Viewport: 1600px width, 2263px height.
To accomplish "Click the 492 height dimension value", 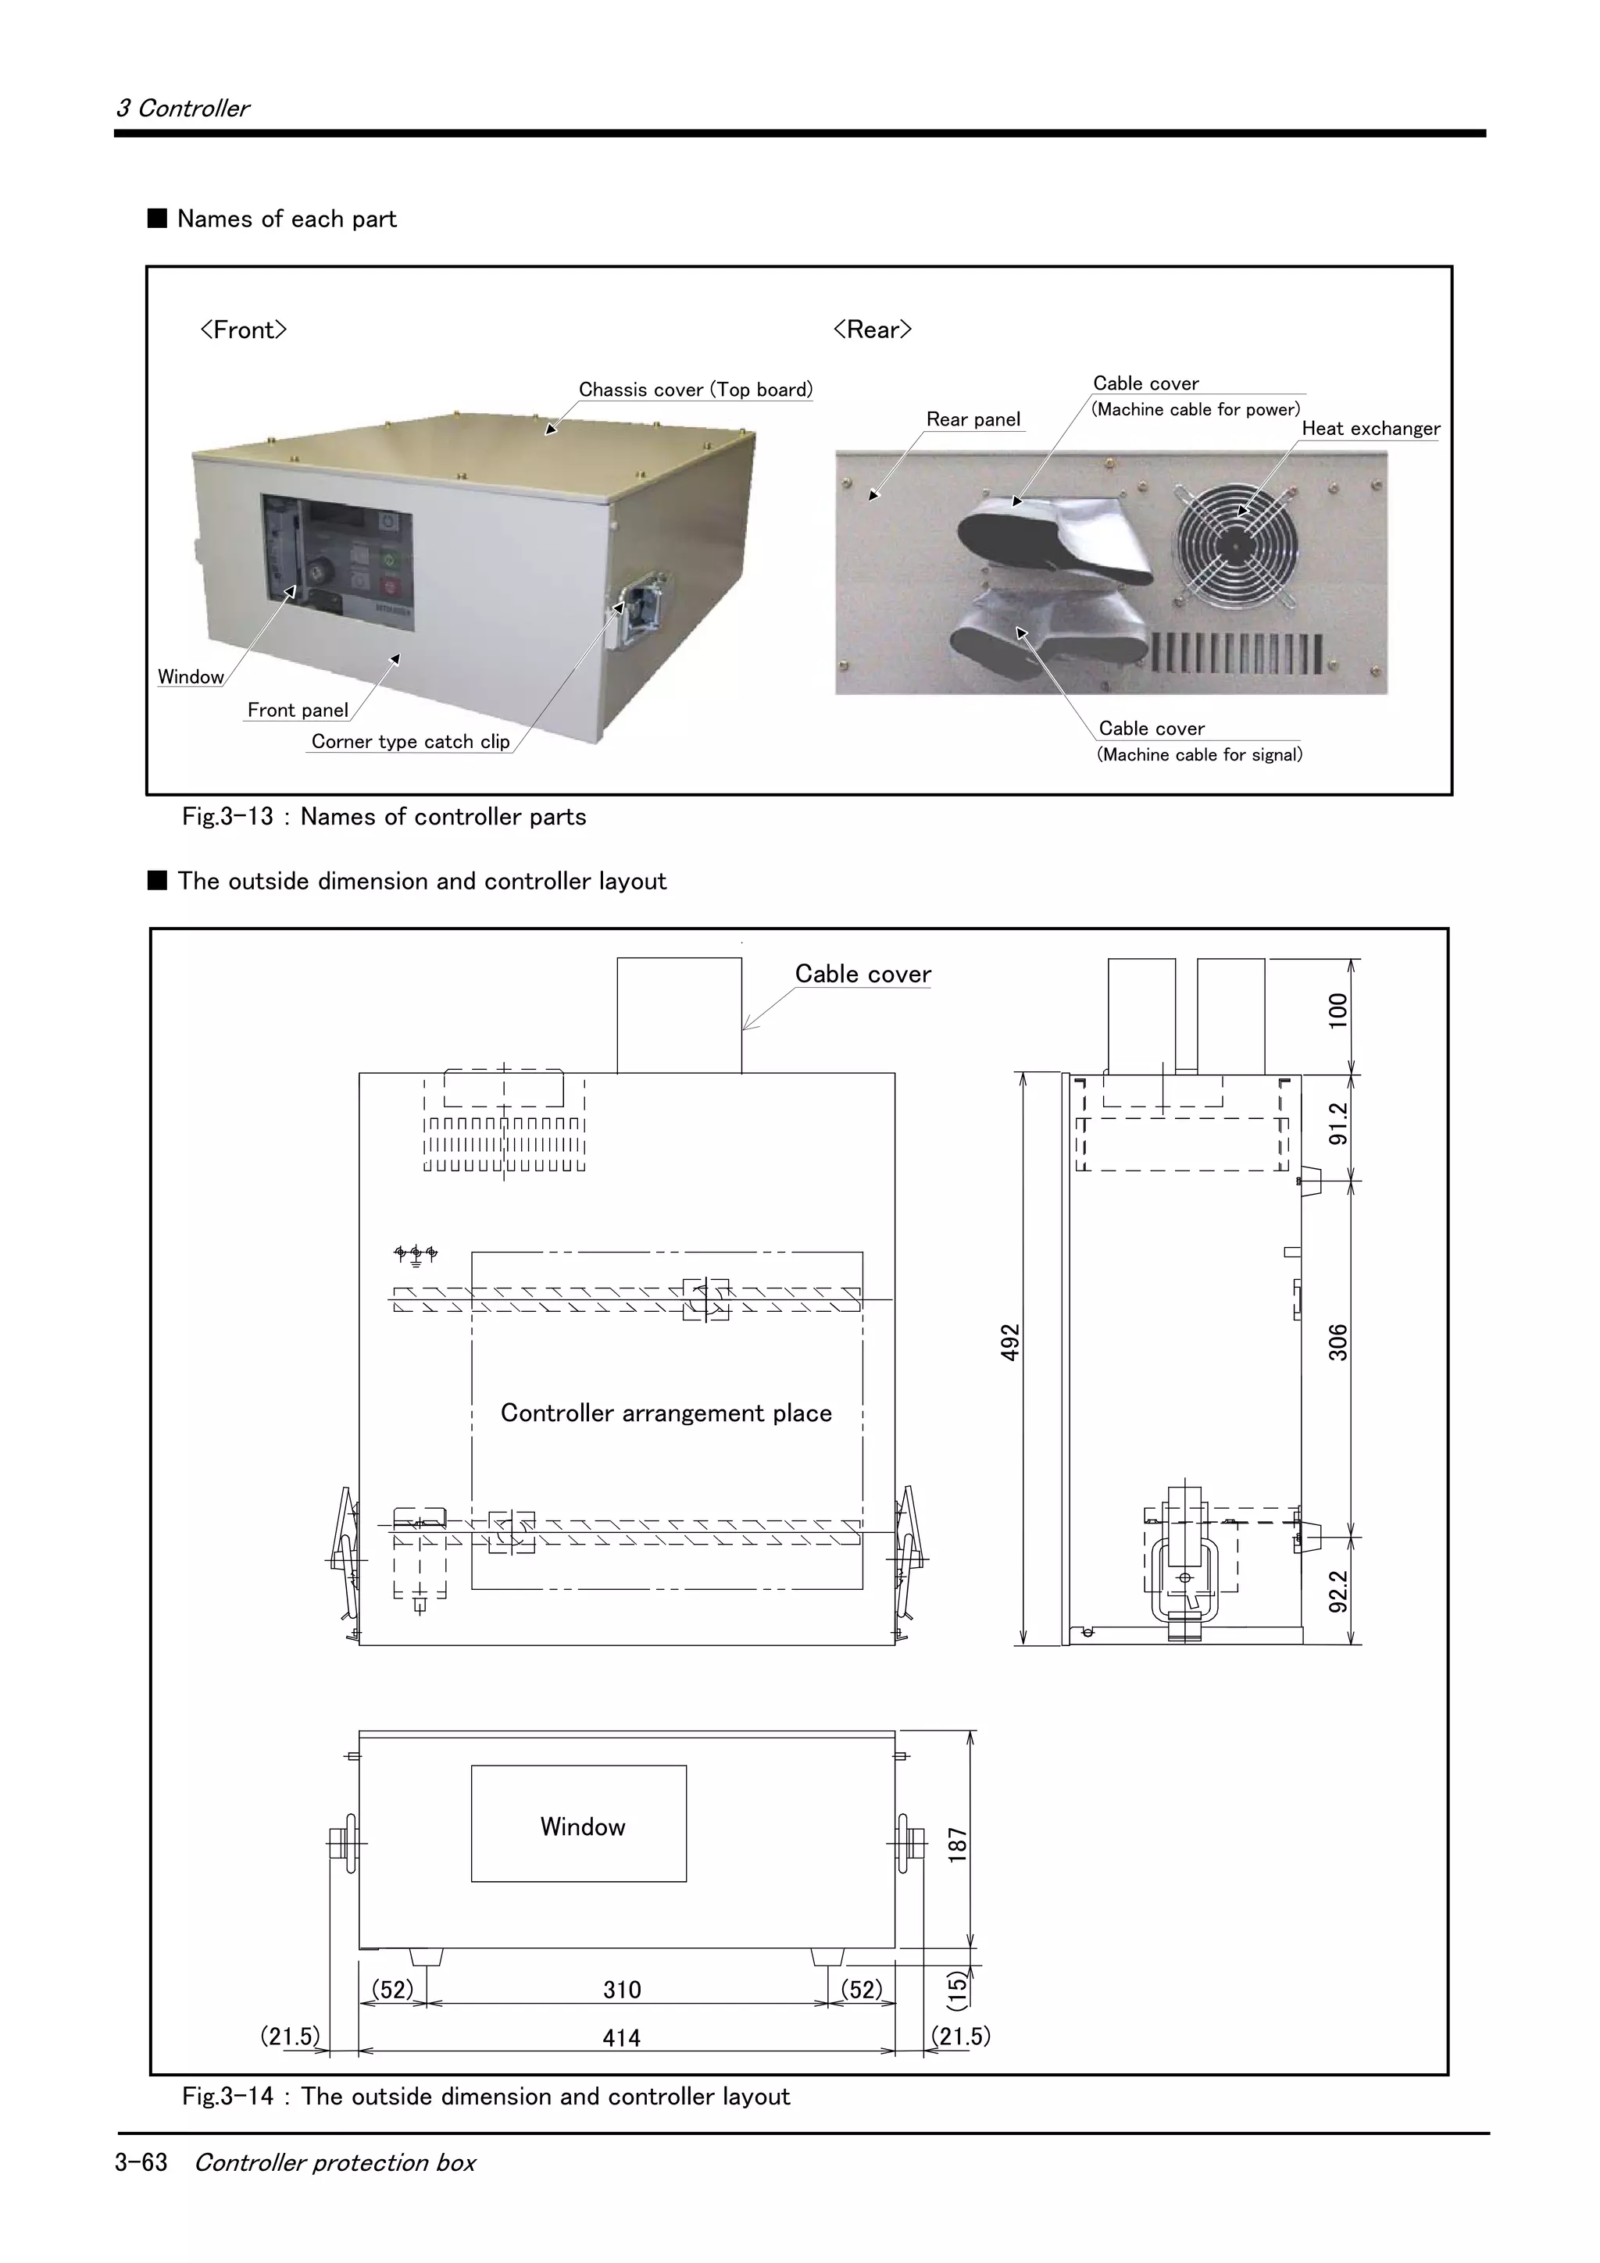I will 1009,1343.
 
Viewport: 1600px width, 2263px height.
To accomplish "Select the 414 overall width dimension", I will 621,2037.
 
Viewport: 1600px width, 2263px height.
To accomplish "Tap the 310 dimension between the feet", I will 621,1989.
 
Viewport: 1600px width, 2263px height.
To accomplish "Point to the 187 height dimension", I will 957,1844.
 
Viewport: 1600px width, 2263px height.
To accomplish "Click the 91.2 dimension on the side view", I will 1337,1124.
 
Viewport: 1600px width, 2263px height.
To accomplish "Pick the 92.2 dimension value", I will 1337,1591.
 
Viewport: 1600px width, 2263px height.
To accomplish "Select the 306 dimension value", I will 1337,1342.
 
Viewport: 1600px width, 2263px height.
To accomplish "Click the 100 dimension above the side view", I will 1337,1011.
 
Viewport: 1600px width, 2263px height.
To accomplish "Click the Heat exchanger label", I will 1370,429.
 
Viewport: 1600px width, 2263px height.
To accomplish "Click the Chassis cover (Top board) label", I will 695,390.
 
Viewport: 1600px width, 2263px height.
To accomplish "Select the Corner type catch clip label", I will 410,741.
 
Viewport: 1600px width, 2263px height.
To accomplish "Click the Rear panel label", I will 973,419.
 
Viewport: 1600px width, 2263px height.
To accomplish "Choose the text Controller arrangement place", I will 666,1413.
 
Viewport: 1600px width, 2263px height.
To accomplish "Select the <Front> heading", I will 242,330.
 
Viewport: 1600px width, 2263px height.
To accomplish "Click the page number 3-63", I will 141,2161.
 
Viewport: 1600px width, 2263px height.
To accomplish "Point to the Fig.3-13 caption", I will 384,816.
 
